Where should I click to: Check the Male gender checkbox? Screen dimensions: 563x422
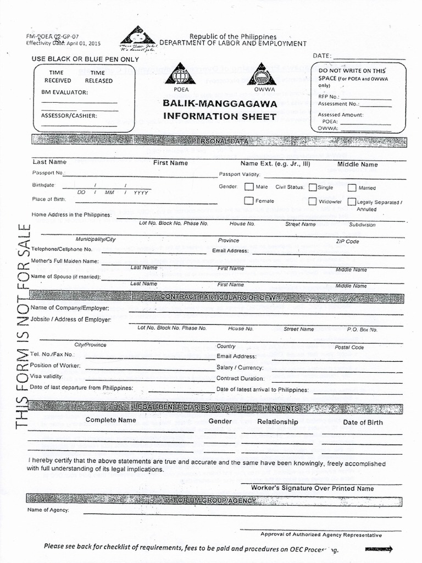point(249,187)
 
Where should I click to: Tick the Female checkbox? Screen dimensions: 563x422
point(249,201)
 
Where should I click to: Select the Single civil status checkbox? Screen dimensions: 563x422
point(313,187)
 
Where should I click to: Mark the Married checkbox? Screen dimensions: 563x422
point(352,187)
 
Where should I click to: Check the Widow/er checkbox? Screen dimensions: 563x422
point(313,201)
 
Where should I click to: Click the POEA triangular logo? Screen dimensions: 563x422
point(181,74)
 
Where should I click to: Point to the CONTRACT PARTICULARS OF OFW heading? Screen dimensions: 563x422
point(218,297)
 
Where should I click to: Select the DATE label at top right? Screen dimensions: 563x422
point(322,56)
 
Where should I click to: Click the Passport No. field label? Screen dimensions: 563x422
point(48,173)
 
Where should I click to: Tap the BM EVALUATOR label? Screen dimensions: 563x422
point(64,92)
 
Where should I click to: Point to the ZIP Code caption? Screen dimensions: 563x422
point(347,241)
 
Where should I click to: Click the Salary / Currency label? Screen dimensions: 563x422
point(240,367)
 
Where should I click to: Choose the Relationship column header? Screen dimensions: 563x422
point(277,422)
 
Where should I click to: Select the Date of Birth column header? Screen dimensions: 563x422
point(363,422)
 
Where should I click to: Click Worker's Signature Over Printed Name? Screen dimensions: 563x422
point(312,488)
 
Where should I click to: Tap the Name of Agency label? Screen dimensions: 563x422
point(48,510)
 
